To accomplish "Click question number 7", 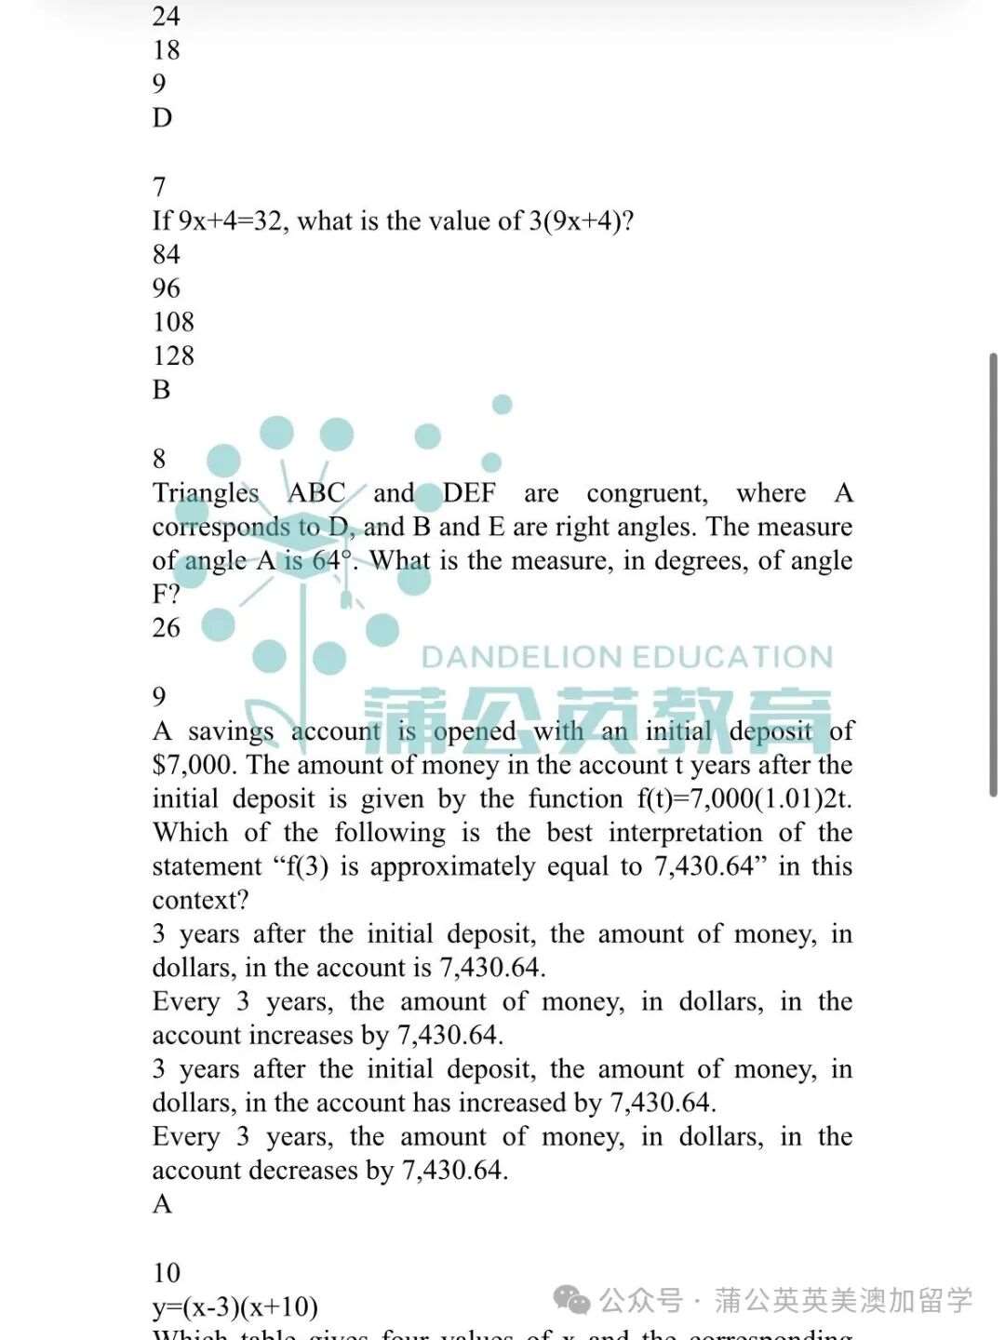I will tap(159, 187).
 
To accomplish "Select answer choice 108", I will tap(173, 322).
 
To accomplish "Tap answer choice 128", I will tap(173, 355).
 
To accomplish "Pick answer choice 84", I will tap(167, 254).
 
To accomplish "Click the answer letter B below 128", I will tap(162, 389).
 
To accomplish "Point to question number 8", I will tap(159, 458).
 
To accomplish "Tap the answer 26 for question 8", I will tap(167, 628).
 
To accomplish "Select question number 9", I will tap(159, 696).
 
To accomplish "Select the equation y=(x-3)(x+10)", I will tap(235, 1306).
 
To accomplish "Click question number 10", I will tap(167, 1272).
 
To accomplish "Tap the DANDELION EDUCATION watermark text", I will tap(626, 658).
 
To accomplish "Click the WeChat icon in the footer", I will tap(572, 1300).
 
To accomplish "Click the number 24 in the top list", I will tap(167, 16).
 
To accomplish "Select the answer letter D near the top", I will tap(163, 118).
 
